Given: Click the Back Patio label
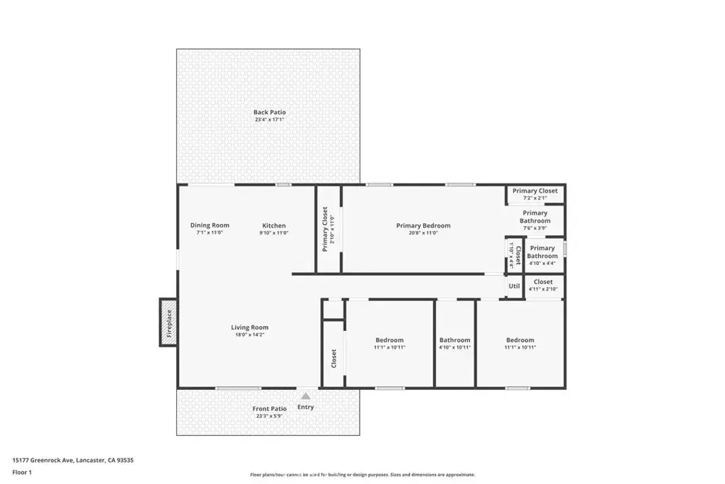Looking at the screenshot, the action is (270, 112).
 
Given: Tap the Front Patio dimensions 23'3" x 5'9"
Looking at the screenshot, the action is (270, 416).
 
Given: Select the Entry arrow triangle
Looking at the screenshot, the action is (306, 396).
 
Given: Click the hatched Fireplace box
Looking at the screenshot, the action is (169, 322).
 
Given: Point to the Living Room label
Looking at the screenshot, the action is (250, 327).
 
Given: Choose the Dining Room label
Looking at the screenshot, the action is (210, 225).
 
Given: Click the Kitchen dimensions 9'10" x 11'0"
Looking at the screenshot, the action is (274, 232).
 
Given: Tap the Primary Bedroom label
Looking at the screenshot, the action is (423, 226).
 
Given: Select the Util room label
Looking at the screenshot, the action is (514, 286).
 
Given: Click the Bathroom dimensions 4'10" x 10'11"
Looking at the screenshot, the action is (455, 347).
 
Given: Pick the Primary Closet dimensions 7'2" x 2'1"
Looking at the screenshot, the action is (535, 198).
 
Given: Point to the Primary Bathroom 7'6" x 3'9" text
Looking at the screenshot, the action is (535, 220).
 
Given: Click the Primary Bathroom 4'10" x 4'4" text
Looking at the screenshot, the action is (542, 255).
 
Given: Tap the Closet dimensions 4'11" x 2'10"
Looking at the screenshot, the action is (543, 289).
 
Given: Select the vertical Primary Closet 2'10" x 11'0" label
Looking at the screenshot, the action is (329, 229).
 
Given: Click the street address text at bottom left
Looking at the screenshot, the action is (73, 461).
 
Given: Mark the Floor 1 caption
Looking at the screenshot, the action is (22, 473).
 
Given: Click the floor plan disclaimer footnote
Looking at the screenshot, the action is (362, 475).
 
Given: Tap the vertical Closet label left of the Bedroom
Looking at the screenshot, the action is (334, 359).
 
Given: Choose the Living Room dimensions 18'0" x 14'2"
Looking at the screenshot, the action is (250, 334).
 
